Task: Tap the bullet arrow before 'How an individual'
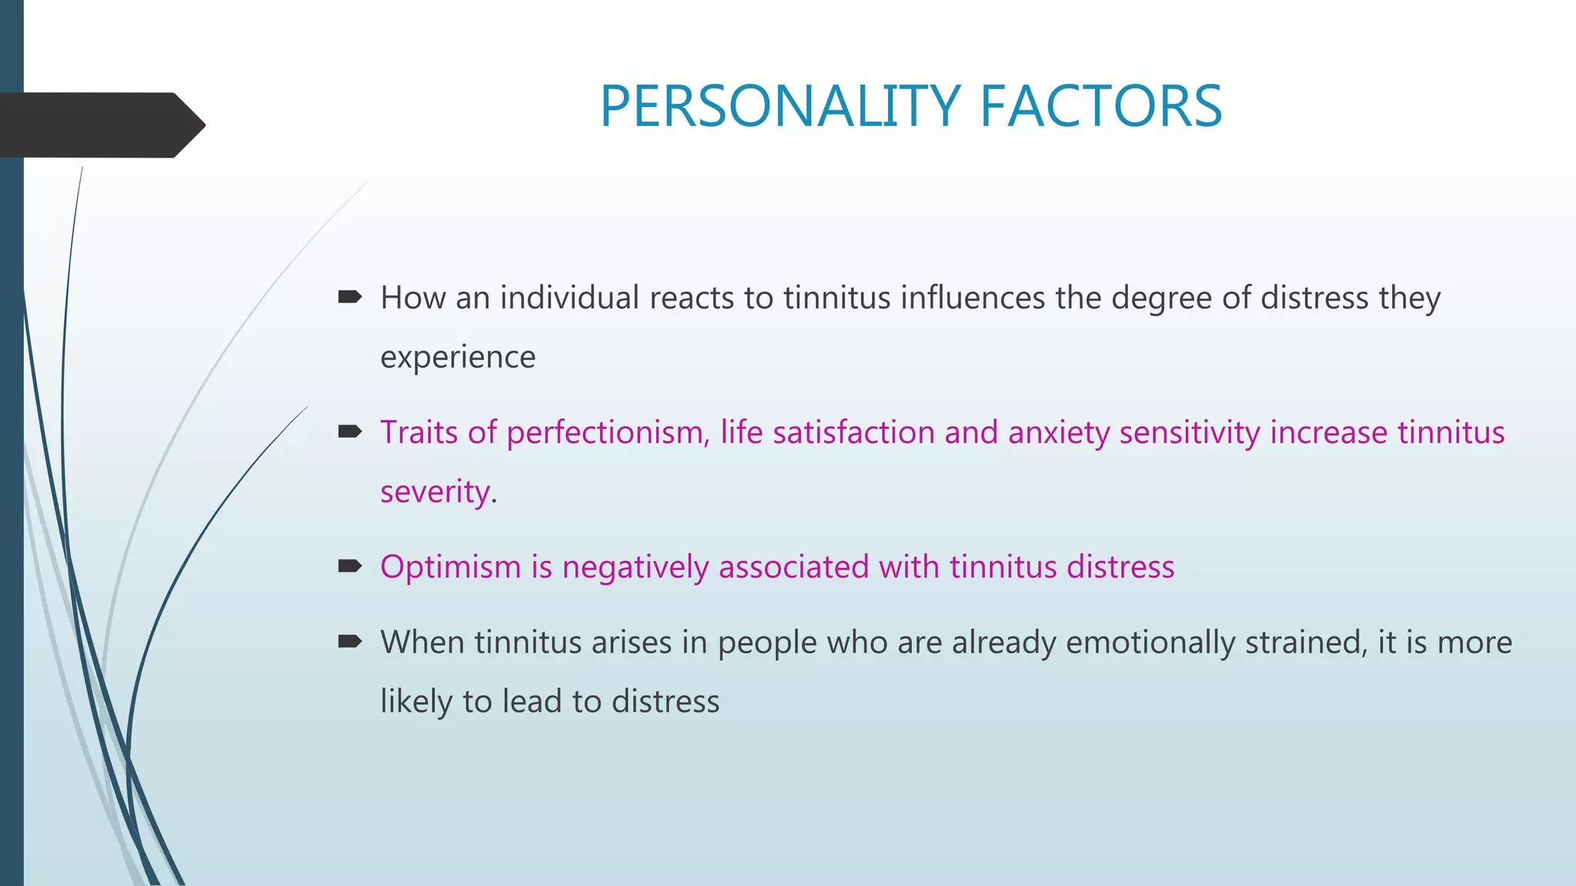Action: (350, 297)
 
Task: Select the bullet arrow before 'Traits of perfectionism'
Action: (350, 431)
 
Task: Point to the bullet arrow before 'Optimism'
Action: (350, 567)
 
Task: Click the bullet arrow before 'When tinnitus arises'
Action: (350, 641)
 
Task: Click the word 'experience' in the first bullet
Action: (458, 358)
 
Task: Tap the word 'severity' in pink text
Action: (436, 492)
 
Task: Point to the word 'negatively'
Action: (636, 568)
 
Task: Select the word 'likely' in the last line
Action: (416, 702)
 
